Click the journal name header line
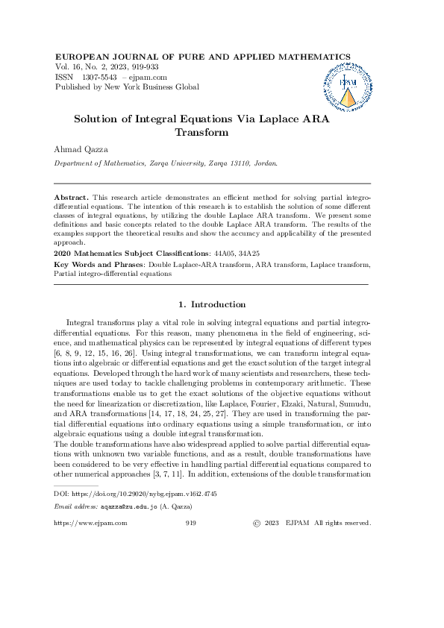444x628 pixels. pos(203,57)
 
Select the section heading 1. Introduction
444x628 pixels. pos(213,304)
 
